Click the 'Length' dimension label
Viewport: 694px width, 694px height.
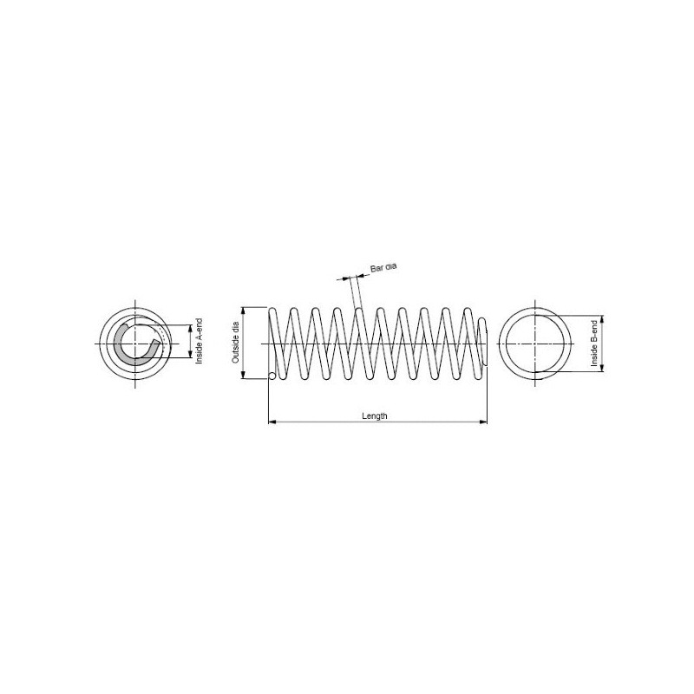pos(374,416)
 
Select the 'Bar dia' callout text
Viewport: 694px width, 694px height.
pos(383,269)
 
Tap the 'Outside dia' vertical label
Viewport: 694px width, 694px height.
pos(234,343)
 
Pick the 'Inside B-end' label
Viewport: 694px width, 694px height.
pos(595,343)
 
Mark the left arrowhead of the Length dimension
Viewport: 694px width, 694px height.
pos(272,422)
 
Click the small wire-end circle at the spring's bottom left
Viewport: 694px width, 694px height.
pos(272,376)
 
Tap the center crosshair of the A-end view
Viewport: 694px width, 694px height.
pos(136,343)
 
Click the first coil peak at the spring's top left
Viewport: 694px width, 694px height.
pos(272,310)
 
